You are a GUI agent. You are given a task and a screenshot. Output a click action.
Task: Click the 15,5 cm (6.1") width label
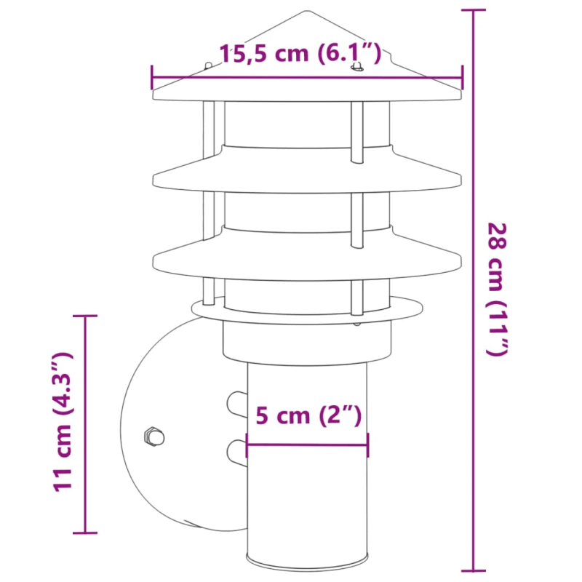(x=300, y=53)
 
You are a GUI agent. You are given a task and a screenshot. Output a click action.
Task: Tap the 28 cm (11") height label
(x=497, y=289)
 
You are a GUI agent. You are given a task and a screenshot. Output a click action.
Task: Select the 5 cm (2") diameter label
(x=308, y=416)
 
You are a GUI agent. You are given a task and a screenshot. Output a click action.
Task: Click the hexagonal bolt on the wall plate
(x=154, y=437)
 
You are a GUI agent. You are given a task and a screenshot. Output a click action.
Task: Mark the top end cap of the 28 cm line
(x=474, y=10)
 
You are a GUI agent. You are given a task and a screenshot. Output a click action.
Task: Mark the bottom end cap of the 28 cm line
(x=474, y=570)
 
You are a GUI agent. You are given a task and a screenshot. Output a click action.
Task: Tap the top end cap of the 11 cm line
(x=86, y=316)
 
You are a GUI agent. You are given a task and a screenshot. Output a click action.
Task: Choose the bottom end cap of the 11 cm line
(x=86, y=533)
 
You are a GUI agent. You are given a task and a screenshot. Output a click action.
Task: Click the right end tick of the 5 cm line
(x=367, y=444)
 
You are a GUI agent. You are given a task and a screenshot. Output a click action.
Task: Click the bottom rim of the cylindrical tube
(x=308, y=562)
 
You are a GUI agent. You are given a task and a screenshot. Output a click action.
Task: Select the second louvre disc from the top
(x=307, y=175)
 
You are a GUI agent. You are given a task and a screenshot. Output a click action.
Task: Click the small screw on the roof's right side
(x=356, y=68)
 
